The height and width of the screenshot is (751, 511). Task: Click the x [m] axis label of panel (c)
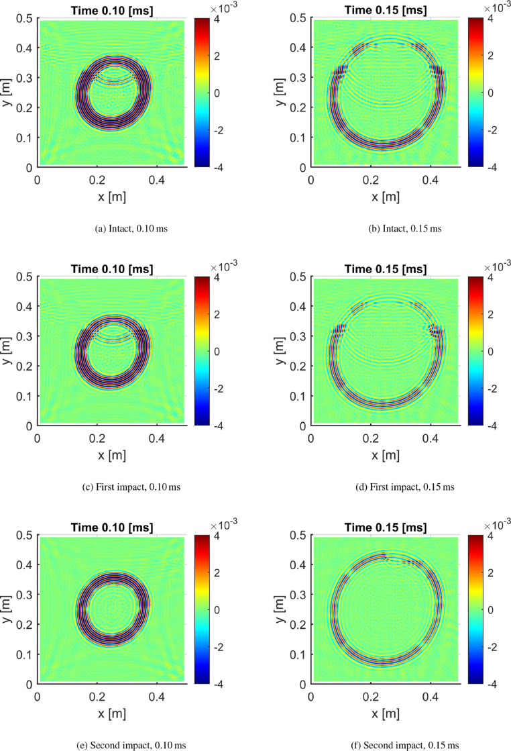(111, 455)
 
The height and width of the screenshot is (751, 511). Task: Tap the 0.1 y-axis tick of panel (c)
(23, 396)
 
